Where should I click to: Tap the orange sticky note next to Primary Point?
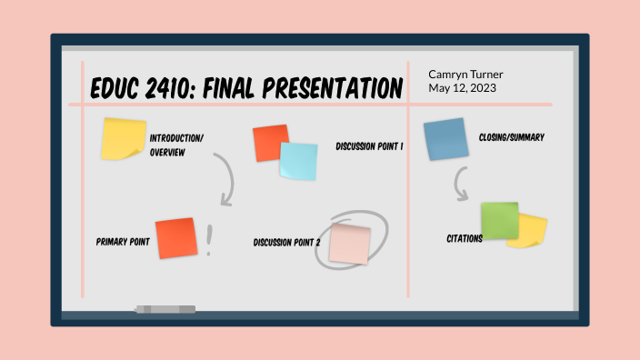[175, 238]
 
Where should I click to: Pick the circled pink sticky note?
[350, 244]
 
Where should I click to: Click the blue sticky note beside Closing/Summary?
[445, 139]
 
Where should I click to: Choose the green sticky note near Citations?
[499, 221]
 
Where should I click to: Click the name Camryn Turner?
[465, 74]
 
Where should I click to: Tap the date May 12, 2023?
[461, 87]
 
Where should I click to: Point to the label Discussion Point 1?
[369, 145]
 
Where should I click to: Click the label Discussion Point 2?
[287, 243]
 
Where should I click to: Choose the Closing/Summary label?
[512, 137]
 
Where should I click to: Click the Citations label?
[464, 239]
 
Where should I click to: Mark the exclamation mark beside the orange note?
[209, 241]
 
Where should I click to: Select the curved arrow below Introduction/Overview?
[226, 178]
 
